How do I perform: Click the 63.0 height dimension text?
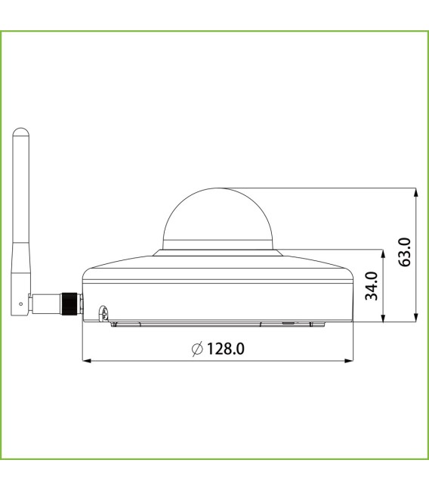coord(405,252)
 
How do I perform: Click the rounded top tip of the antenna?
coord(20,132)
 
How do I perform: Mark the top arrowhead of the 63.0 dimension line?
coord(416,192)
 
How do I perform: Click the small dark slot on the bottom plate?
coord(287,322)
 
